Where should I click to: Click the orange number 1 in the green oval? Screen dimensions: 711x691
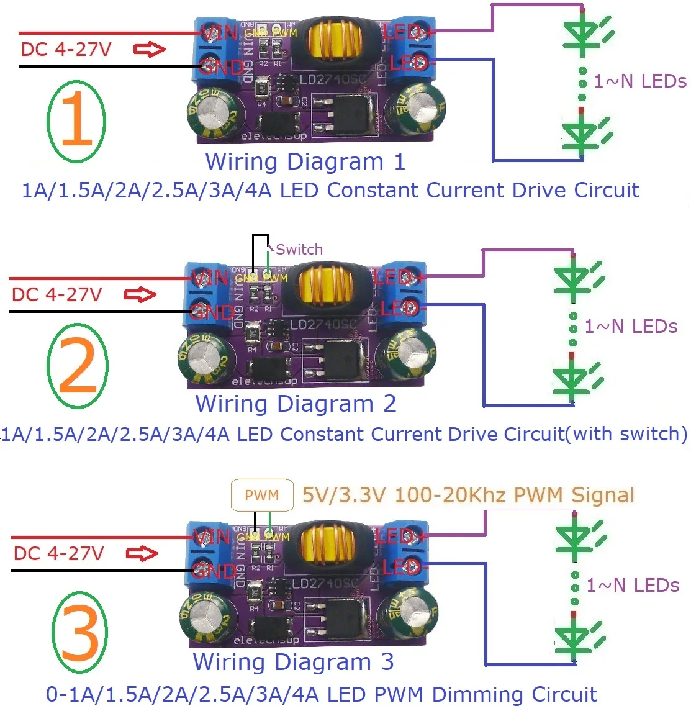77,120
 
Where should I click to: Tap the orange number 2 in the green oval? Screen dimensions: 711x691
78,366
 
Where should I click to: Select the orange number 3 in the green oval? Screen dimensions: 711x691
79,633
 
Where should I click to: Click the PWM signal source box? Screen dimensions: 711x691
261,496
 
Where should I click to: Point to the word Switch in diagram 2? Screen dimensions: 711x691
299,250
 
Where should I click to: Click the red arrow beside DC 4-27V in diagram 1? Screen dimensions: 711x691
150,49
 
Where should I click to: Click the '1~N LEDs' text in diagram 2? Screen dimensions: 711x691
630,327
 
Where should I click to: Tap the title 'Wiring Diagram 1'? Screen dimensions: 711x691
305,162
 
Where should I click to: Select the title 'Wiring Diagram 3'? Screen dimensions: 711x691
293,662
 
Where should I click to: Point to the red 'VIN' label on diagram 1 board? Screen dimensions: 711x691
219,32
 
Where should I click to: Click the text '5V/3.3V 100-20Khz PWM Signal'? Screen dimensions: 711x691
468,496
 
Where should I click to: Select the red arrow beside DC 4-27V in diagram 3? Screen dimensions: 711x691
142,553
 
